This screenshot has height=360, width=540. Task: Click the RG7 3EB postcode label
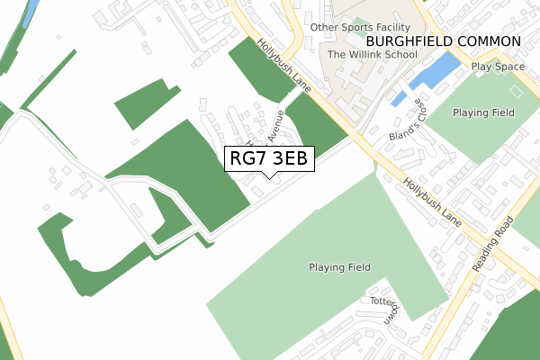coord(269,158)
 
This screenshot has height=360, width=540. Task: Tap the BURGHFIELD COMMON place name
coord(443,41)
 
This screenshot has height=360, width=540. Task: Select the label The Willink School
coord(372,55)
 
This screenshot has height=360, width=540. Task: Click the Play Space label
coord(497,67)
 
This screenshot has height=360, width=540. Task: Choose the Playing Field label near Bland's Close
coord(483,112)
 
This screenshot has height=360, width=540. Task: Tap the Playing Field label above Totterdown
coord(340,267)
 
